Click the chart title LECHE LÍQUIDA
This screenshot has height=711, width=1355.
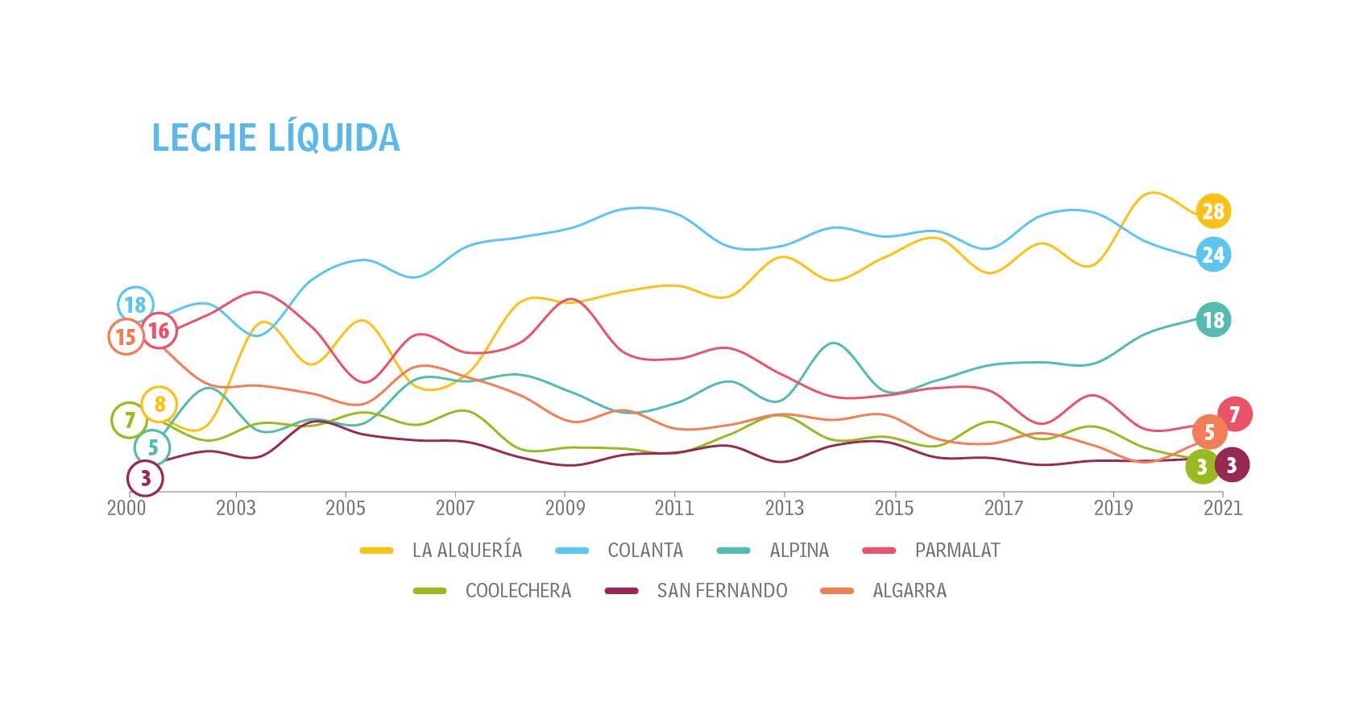pos(276,137)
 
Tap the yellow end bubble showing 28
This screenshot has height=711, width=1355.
pos(1212,211)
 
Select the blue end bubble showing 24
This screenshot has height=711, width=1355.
pos(1212,255)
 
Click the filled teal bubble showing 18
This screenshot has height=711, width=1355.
pos(1212,320)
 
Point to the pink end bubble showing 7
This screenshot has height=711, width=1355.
pos(1234,414)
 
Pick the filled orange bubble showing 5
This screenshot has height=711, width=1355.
pos(1208,432)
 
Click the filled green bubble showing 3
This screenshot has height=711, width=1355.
pos(1202,466)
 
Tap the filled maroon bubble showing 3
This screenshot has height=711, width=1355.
pos(1231,464)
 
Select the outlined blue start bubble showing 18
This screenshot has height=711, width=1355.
pos(135,305)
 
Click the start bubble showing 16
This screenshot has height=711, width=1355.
pos(159,330)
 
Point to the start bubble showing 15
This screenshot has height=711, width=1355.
pos(126,337)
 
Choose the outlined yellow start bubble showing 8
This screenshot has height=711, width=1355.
pos(160,404)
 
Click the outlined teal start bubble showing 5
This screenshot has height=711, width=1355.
pos(152,447)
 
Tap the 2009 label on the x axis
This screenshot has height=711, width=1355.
pos(565,508)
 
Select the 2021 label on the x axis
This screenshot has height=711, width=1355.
pos(1223,508)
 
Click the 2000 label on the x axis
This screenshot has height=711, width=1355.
pos(126,508)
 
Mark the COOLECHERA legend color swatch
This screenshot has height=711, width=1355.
pos(429,591)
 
